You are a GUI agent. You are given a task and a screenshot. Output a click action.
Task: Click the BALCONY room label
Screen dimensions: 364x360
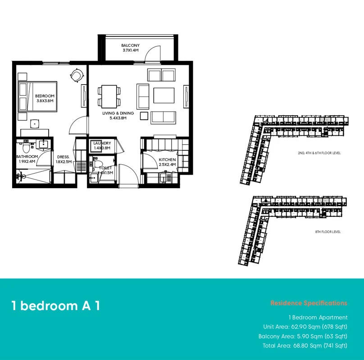click(x=130, y=45)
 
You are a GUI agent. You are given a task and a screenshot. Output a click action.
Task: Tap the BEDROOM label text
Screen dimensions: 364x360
click(x=45, y=96)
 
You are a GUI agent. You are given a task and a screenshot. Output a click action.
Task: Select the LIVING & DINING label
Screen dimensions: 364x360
click(x=118, y=113)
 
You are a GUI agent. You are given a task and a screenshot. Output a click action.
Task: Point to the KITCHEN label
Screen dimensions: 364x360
click(x=167, y=160)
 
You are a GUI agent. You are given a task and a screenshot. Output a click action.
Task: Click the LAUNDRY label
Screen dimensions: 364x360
click(x=102, y=143)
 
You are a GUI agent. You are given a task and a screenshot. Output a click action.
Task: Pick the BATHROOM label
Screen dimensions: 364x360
click(x=27, y=157)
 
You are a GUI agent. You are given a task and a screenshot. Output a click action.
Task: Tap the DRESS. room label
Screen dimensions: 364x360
click(x=64, y=157)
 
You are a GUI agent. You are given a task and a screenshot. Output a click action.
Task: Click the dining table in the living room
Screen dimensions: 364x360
click(x=109, y=96)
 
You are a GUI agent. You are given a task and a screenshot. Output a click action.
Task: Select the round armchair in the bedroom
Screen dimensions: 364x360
click(x=77, y=75)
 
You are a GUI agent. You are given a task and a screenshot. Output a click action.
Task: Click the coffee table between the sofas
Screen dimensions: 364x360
click(x=164, y=95)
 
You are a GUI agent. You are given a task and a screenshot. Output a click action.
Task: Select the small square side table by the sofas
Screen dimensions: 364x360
click(x=144, y=116)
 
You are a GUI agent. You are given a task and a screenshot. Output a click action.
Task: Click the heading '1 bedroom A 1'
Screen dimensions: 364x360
click(x=56, y=306)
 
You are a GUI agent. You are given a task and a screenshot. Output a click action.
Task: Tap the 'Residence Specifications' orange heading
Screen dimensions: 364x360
click(x=309, y=303)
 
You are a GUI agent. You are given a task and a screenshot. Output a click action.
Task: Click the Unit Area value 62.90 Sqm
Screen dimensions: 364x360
click(x=306, y=327)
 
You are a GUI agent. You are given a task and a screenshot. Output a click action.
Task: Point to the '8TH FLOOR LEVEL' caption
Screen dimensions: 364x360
click(x=328, y=232)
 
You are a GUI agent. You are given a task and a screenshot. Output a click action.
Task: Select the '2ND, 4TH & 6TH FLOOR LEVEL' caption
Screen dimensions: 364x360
click(x=319, y=153)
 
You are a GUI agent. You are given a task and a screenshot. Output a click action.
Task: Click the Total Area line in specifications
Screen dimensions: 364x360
click(x=305, y=346)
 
